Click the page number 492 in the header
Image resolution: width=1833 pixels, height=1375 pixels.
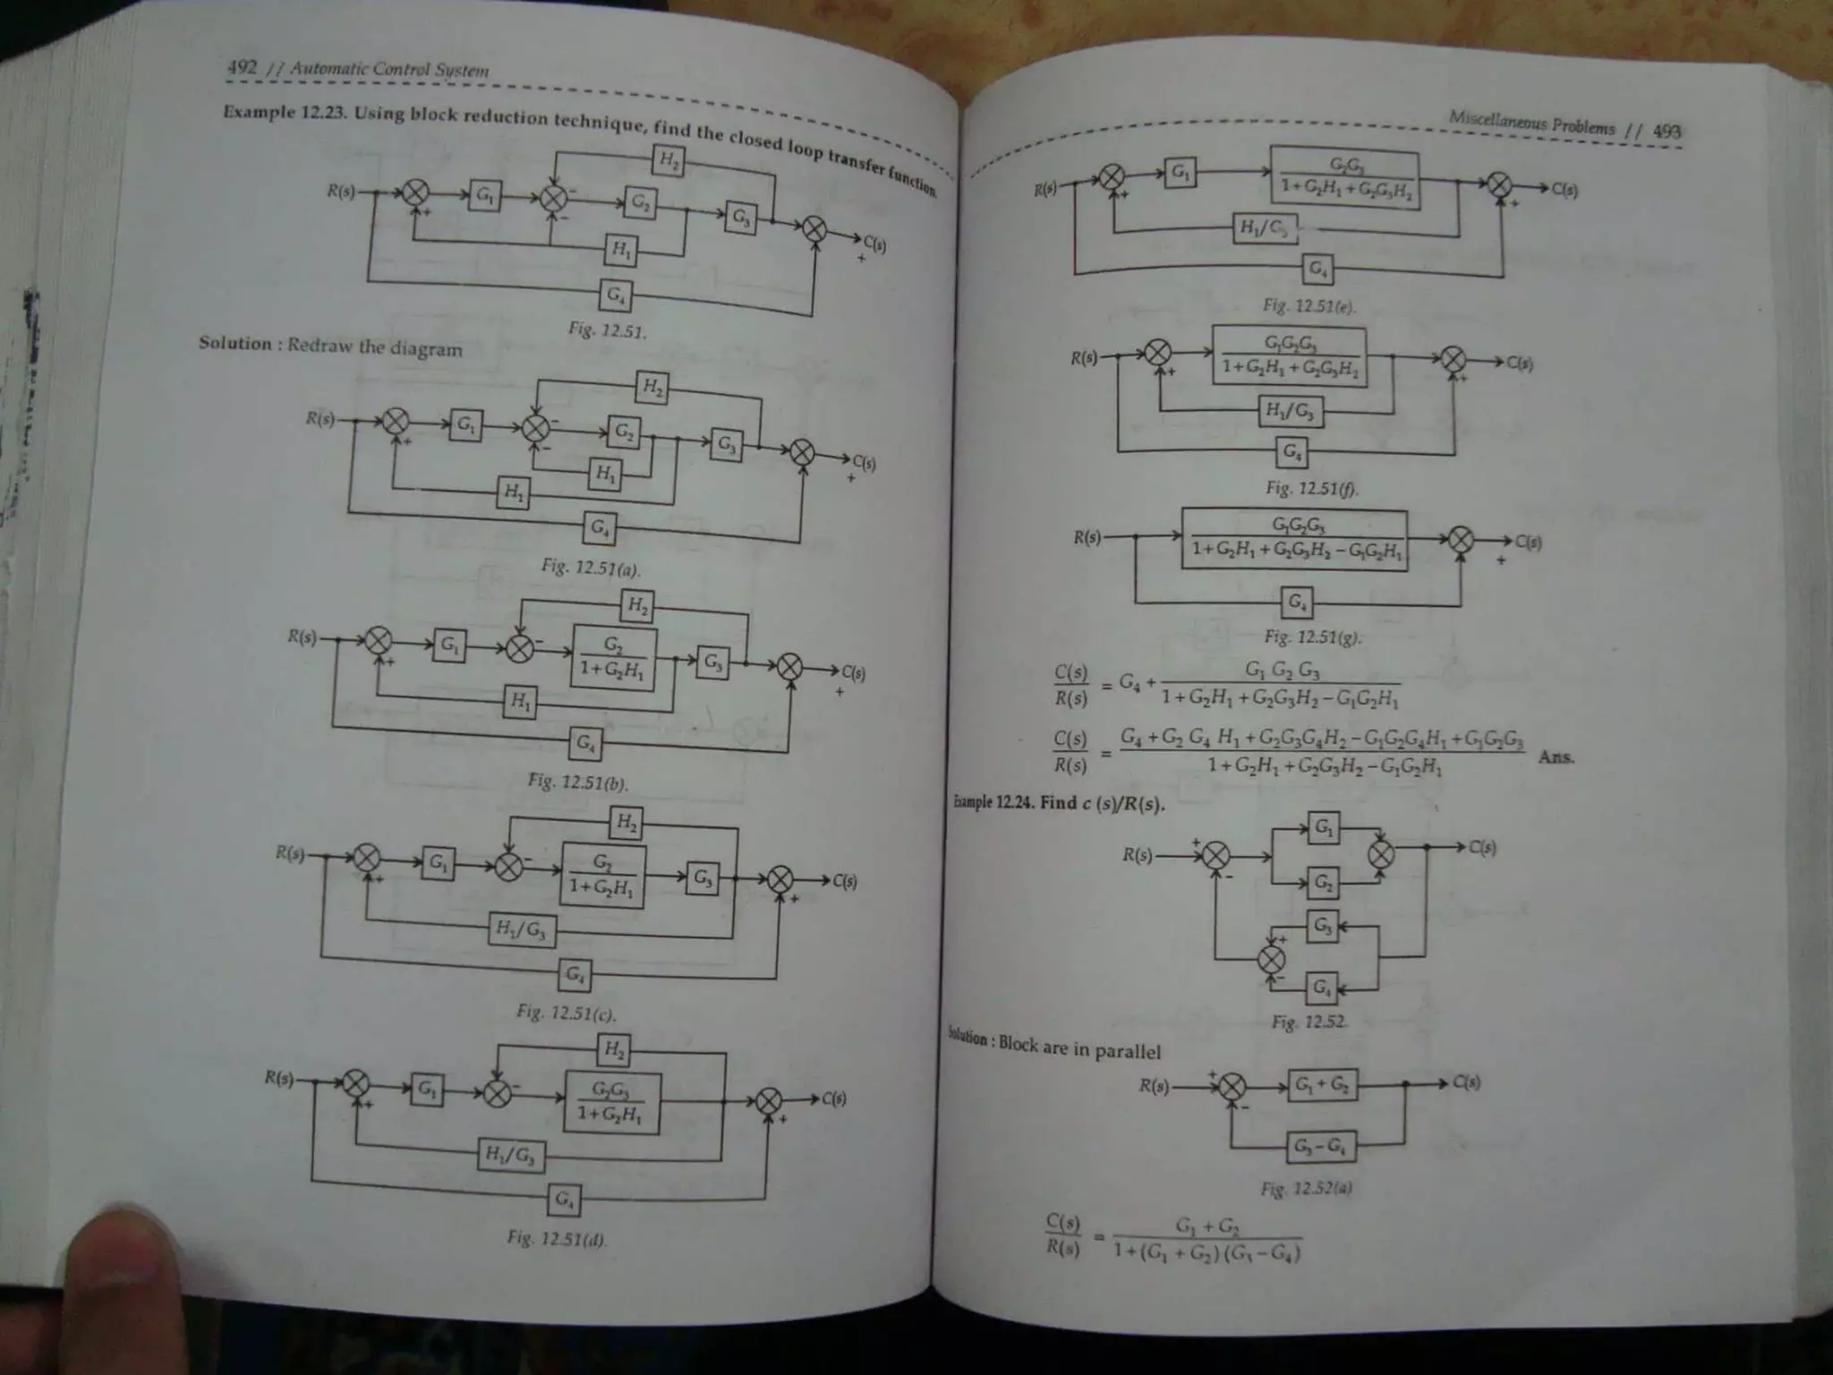tap(242, 66)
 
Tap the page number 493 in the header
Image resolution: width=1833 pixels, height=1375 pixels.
tap(1667, 131)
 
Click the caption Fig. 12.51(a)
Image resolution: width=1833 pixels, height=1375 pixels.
tap(591, 568)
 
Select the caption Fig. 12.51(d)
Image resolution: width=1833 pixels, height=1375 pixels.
tap(556, 1239)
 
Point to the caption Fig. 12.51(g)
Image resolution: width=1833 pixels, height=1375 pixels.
tap(1312, 637)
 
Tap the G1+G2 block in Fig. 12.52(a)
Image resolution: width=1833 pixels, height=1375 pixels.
tap(1322, 1085)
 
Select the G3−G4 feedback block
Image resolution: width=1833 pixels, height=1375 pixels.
tap(1320, 1146)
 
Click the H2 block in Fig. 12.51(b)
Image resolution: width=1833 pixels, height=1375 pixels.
tap(637, 606)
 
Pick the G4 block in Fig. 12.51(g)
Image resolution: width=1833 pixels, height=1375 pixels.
tap(1296, 602)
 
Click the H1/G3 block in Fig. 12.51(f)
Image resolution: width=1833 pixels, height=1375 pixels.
tap(1290, 412)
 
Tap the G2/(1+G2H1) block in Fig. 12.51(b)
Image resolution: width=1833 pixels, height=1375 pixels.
tap(613, 658)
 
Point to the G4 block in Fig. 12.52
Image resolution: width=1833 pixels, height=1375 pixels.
tap(1321, 988)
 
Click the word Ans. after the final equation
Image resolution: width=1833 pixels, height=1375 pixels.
tap(1556, 756)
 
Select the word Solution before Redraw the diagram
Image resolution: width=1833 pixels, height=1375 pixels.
tap(234, 344)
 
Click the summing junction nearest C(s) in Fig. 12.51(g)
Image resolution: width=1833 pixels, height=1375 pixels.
tap(1461, 539)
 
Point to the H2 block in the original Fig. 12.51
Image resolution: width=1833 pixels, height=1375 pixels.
tap(668, 161)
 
